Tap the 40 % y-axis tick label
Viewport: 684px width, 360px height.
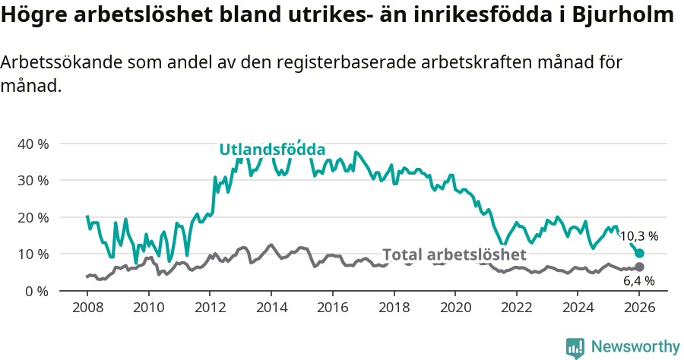[33, 144]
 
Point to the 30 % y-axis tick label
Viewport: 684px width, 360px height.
[33, 181]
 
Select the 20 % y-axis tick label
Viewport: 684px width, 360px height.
[33, 217]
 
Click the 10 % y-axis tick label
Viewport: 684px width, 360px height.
[33, 254]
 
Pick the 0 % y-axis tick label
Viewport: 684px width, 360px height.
[36, 291]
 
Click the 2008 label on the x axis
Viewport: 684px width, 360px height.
[87, 308]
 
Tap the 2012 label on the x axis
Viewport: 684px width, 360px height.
[210, 308]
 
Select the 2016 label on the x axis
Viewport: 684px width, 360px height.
[333, 308]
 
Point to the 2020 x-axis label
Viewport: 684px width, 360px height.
[455, 308]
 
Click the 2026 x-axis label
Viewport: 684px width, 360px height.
[639, 308]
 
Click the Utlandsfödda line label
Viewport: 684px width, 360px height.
[272, 150]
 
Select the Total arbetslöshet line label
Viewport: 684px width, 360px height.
[454, 254]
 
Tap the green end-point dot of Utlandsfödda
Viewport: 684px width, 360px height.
[639, 253]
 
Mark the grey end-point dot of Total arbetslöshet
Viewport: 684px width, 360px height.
[639, 267]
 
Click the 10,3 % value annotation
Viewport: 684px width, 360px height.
[638, 236]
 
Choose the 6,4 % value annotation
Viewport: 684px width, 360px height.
[638, 281]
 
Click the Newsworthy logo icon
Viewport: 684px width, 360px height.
[575, 347]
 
